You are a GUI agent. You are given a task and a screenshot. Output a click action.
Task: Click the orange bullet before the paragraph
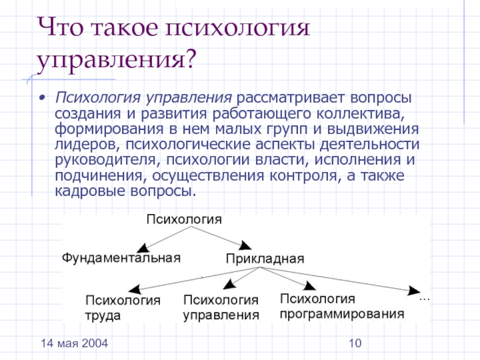tap(41, 97)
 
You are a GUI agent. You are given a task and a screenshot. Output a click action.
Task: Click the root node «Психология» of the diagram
tap(184, 220)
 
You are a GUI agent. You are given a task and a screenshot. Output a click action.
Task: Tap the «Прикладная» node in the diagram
tap(265, 259)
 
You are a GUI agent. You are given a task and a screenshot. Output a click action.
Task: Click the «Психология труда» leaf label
tap(124, 308)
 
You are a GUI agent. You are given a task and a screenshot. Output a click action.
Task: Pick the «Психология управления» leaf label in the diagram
tap(221, 307)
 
